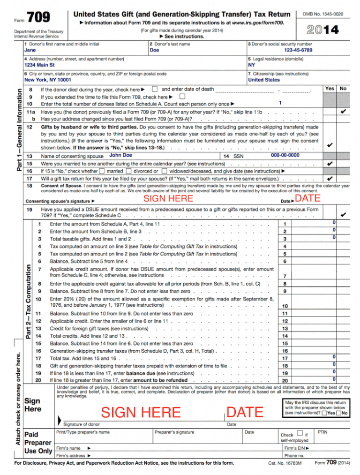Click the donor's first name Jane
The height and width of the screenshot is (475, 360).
click(x=30, y=50)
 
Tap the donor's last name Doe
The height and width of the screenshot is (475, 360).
click(x=154, y=50)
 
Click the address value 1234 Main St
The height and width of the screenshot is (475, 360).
click(x=39, y=65)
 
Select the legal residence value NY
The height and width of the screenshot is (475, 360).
click(x=252, y=65)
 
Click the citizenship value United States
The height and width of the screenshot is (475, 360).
click(x=263, y=80)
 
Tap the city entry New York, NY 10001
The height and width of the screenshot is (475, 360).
click(x=47, y=80)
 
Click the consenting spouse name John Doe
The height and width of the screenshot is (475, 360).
click(x=120, y=155)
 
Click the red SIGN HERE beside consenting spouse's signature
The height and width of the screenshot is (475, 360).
click(x=168, y=198)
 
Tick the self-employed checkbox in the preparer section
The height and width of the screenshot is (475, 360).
click(x=299, y=434)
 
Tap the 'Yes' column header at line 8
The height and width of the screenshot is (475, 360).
click(x=330, y=88)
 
